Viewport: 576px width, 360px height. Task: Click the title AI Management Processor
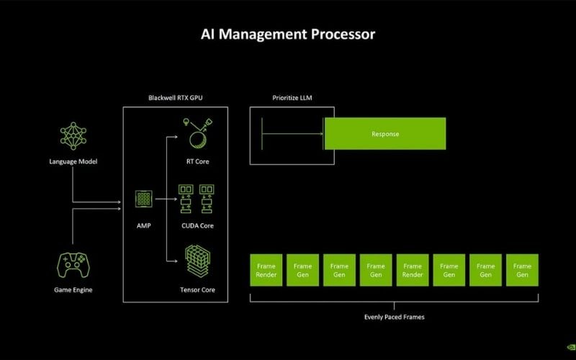click(x=287, y=34)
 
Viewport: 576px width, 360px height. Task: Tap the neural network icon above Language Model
click(x=73, y=136)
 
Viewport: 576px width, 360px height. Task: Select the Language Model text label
click(x=73, y=161)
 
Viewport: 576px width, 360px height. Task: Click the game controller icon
click(x=73, y=264)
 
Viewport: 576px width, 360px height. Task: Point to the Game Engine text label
click(x=73, y=290)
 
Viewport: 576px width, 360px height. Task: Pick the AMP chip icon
click(x=144, y=199)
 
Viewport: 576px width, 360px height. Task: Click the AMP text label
click(x=144, y=225)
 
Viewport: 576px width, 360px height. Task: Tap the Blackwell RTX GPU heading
click(x=176, y=97)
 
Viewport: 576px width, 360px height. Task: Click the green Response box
click(x=385, y=134)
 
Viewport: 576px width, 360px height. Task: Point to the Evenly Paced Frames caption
click(x=394, y=316)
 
